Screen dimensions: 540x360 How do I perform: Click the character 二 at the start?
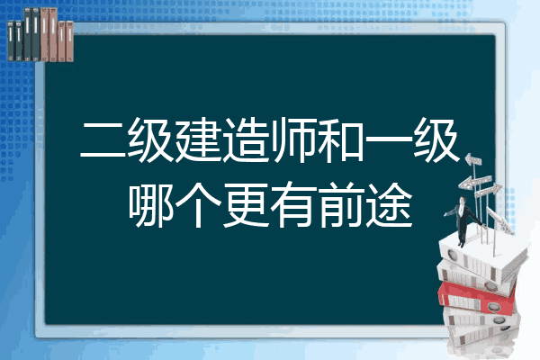coord(103,140)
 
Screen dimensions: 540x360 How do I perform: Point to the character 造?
coord(245,140)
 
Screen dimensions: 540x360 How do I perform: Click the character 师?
coord(292,140)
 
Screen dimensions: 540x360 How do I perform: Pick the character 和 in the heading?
coord(340,140)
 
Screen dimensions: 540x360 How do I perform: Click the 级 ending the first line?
coord(436,140)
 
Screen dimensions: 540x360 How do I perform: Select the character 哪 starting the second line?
coord(151,204)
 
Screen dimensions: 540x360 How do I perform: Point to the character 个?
coord(198,204)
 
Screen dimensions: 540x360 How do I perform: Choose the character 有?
coord(293,204)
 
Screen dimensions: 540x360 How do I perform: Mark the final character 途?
coord(389,204)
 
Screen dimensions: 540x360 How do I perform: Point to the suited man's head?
coord(463,201)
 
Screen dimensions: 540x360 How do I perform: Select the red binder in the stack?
coord(477,296)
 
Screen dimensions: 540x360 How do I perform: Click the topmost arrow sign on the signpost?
coord(473,160)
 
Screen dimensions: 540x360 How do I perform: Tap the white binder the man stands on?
coord(482,255)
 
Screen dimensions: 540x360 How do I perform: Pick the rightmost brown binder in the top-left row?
coord(69,41)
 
